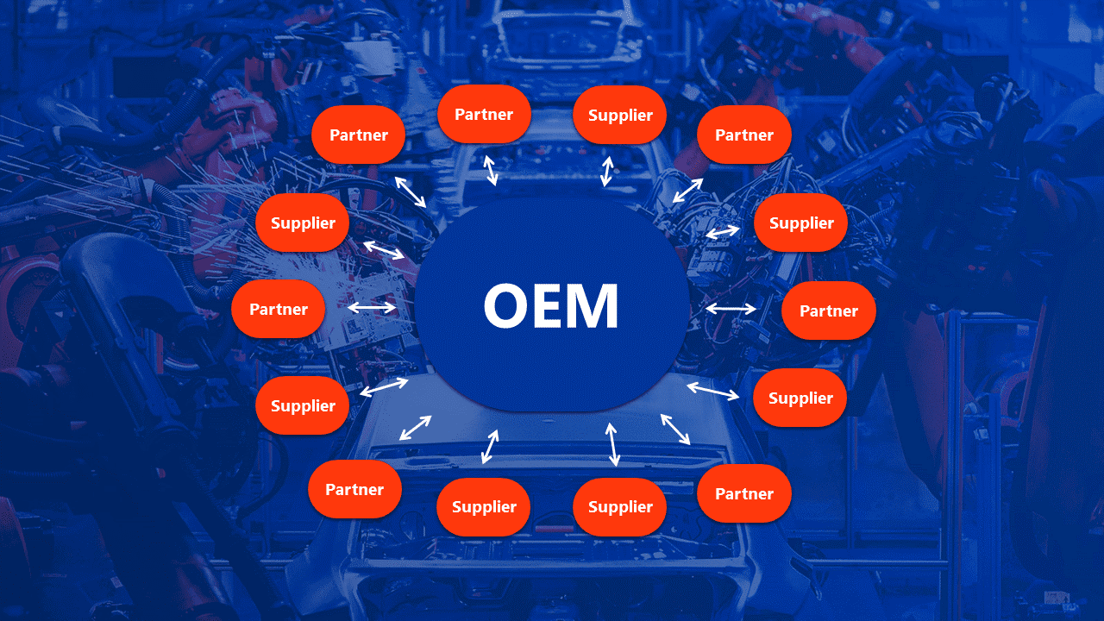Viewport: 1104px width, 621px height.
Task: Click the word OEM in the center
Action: point(551,306)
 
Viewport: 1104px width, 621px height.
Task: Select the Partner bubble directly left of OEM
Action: point(279,309)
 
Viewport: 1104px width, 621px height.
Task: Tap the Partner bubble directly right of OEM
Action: point(828,310)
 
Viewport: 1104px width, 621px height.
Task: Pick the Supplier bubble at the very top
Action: point(620,115)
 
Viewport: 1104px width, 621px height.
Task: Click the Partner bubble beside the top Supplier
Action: point(484,114)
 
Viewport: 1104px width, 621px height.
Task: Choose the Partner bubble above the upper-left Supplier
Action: point(359,135)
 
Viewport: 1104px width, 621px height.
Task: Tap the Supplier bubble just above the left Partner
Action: point(303,223)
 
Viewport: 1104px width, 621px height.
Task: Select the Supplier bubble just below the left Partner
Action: point(303,405)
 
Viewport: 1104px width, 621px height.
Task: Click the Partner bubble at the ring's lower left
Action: point(354,489)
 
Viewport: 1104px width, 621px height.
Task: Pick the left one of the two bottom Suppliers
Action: point(484,506)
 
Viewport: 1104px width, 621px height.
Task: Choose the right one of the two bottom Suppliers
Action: point(620,506)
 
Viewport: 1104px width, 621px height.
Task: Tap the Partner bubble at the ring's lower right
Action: point(743,493)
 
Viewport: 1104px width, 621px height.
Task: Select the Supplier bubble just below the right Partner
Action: point(800,398)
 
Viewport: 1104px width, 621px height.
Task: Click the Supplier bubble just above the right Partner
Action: point(800,223)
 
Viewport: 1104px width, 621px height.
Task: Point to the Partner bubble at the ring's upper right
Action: point(743,135)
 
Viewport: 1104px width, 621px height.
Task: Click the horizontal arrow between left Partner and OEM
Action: point(372,307)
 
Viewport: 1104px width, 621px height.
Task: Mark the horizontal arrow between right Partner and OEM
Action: point(731,308)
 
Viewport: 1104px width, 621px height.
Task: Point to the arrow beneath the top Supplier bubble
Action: point(607,171)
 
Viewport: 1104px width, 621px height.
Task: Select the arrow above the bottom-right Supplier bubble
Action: point(612,444)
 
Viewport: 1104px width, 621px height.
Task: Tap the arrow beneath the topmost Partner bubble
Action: point(490,170)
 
